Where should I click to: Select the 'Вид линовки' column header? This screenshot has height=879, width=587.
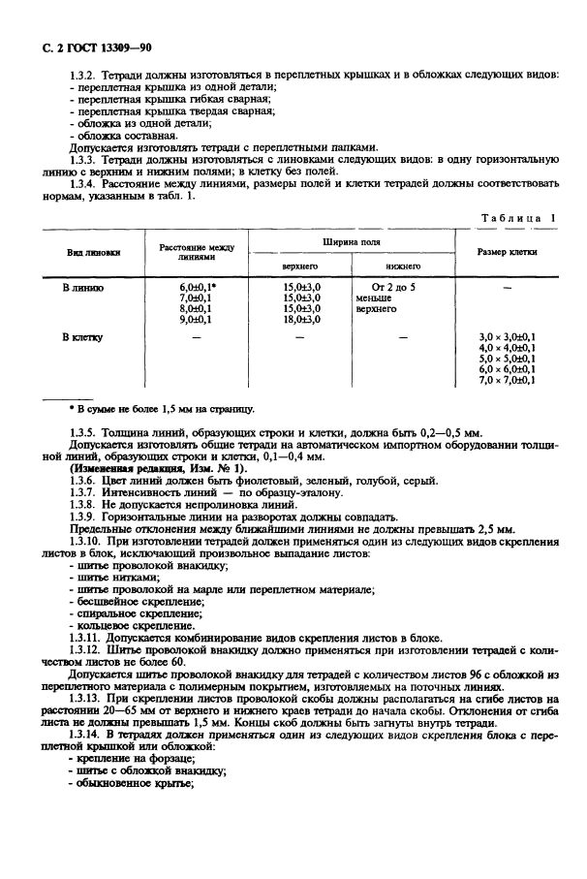tap(93, 252)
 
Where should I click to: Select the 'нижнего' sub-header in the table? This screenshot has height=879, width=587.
tap(402, 265)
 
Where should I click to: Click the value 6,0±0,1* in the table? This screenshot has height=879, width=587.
tap(198, 288)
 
